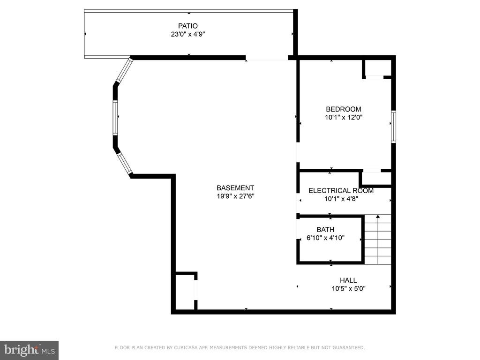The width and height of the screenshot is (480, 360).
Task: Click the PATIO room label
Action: (188, 26)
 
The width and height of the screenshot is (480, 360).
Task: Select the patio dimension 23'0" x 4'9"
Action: (188, 34)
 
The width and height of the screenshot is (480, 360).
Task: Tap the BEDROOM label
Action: (344, 109)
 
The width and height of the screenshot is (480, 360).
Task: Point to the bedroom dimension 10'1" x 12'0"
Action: (344, 117)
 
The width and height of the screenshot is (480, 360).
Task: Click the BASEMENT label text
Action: (235, 188)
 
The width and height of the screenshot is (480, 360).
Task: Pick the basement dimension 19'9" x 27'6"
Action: (235, 196)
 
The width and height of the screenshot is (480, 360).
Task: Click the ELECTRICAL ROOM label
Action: (341, 191)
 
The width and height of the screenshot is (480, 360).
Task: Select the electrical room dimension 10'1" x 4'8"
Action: (341, 199)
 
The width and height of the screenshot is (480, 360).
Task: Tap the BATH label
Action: (325, 230)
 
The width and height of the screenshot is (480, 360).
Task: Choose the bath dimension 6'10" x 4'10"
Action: (325, 238)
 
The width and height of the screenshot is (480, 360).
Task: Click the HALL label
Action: (348, 280)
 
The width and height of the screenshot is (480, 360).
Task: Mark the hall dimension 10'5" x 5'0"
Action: (348, 289)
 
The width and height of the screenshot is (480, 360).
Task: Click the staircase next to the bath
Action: (378, 240)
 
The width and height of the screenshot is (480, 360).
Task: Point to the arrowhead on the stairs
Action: (378, 217)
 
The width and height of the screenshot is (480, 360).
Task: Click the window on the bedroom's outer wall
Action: (393, 127)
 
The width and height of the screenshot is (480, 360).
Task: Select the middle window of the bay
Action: (115, 118)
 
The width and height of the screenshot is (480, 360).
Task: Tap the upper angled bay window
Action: (124, 70)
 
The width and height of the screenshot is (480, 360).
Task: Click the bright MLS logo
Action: (30, 350)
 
